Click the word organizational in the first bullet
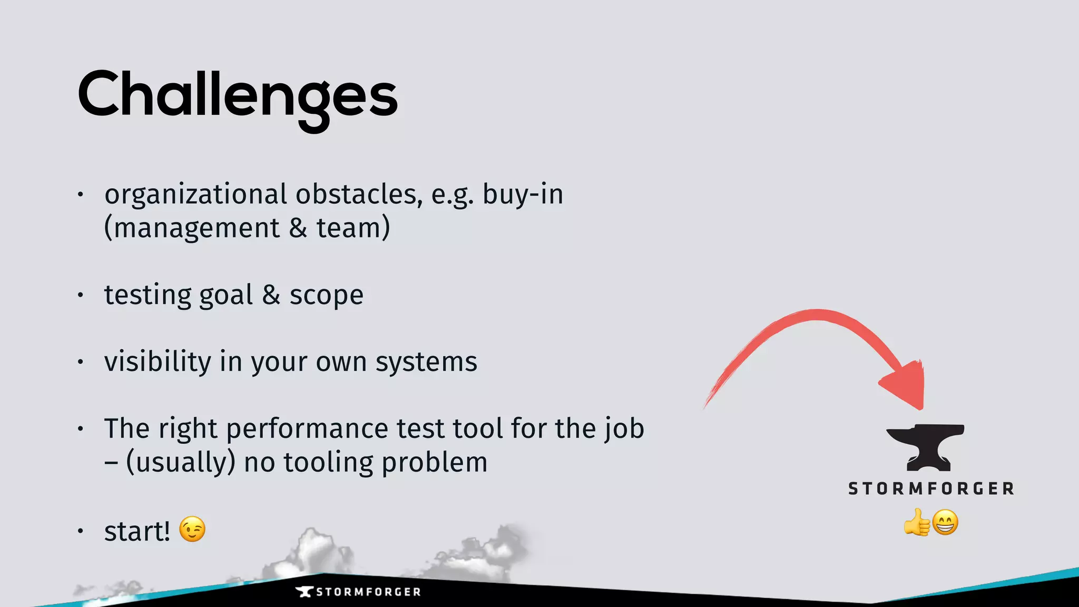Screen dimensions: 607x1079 click(195, 194)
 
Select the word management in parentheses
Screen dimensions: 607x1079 click(197, 228)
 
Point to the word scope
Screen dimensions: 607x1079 click(326, 295)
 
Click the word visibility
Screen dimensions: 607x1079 click(158, 362)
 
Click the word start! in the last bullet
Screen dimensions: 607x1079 click(137, 531)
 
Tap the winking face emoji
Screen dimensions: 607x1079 click(192, 529)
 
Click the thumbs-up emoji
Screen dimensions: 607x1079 click(917, 522)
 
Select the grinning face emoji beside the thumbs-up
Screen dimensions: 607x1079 click(945, 522)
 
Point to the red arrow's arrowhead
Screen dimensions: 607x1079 click(906, 385)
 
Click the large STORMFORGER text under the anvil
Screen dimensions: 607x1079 click(931, 488)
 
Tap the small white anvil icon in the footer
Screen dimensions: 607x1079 click(305, 592)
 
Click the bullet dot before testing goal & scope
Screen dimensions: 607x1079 click(80, 295)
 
